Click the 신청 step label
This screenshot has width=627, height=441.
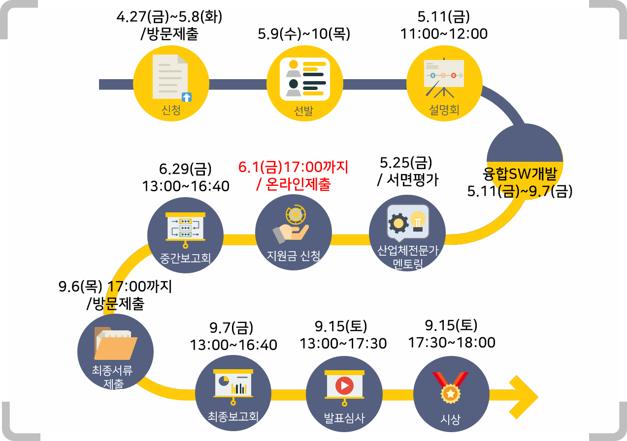171,110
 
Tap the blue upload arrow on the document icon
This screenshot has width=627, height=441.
187,97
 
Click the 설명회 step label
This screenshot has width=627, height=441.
444,110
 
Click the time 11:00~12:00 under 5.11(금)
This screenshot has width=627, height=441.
443,34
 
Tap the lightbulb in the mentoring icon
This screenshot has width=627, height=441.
418,219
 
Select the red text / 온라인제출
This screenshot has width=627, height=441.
294,184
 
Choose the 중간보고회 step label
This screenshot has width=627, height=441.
186,258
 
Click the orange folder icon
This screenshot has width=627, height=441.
115,345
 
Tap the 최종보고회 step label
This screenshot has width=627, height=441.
233,417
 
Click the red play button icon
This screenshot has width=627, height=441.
344,384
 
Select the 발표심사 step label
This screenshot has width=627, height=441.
344,419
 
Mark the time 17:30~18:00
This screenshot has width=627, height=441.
451,343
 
